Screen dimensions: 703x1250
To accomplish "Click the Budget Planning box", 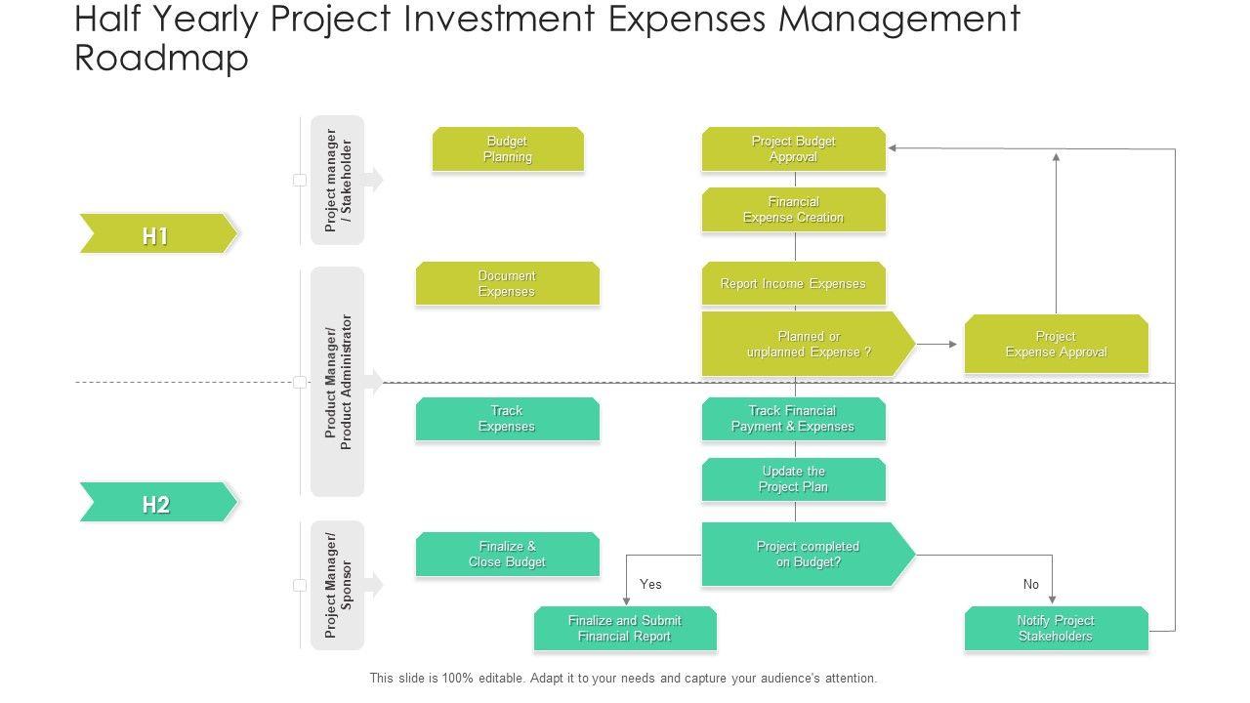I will click(x=508, y=149).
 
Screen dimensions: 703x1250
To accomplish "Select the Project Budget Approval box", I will click(x=793, y=149).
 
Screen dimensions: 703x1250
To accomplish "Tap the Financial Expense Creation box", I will click(x=793, y=210).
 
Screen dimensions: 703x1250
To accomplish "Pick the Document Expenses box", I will click(x=507, y=284).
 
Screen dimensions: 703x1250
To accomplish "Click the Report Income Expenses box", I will click(x=793, y=284).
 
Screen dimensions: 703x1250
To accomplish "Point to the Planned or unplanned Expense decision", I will click(x=807, y=344).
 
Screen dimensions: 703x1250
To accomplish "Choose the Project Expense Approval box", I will click(x=1056, y=344).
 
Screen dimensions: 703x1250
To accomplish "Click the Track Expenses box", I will click(x=507, y=419).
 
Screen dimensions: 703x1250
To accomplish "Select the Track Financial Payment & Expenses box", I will click(x=793, y=419).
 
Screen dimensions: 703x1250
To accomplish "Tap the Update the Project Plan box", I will click(x=793, y=479).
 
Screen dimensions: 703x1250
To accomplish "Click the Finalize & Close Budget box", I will click(x=507, y=555).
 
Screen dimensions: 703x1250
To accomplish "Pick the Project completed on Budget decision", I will click(x=807, y=555).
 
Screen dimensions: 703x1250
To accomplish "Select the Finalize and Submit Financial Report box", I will click(x=625, y=629).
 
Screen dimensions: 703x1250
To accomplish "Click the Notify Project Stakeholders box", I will click(x=1056, y=629).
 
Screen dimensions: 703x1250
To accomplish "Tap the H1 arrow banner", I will click(x=156, y=234).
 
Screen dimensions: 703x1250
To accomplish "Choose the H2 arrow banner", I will click(x=156, y=504).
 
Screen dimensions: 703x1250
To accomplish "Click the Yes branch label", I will click(x=650, y=584).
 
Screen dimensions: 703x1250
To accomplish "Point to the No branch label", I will click(x=1031, y=584).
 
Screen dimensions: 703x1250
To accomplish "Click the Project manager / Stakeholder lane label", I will click(x=338, y=181).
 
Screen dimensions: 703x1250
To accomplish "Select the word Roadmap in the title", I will click(x=162, y=59).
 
